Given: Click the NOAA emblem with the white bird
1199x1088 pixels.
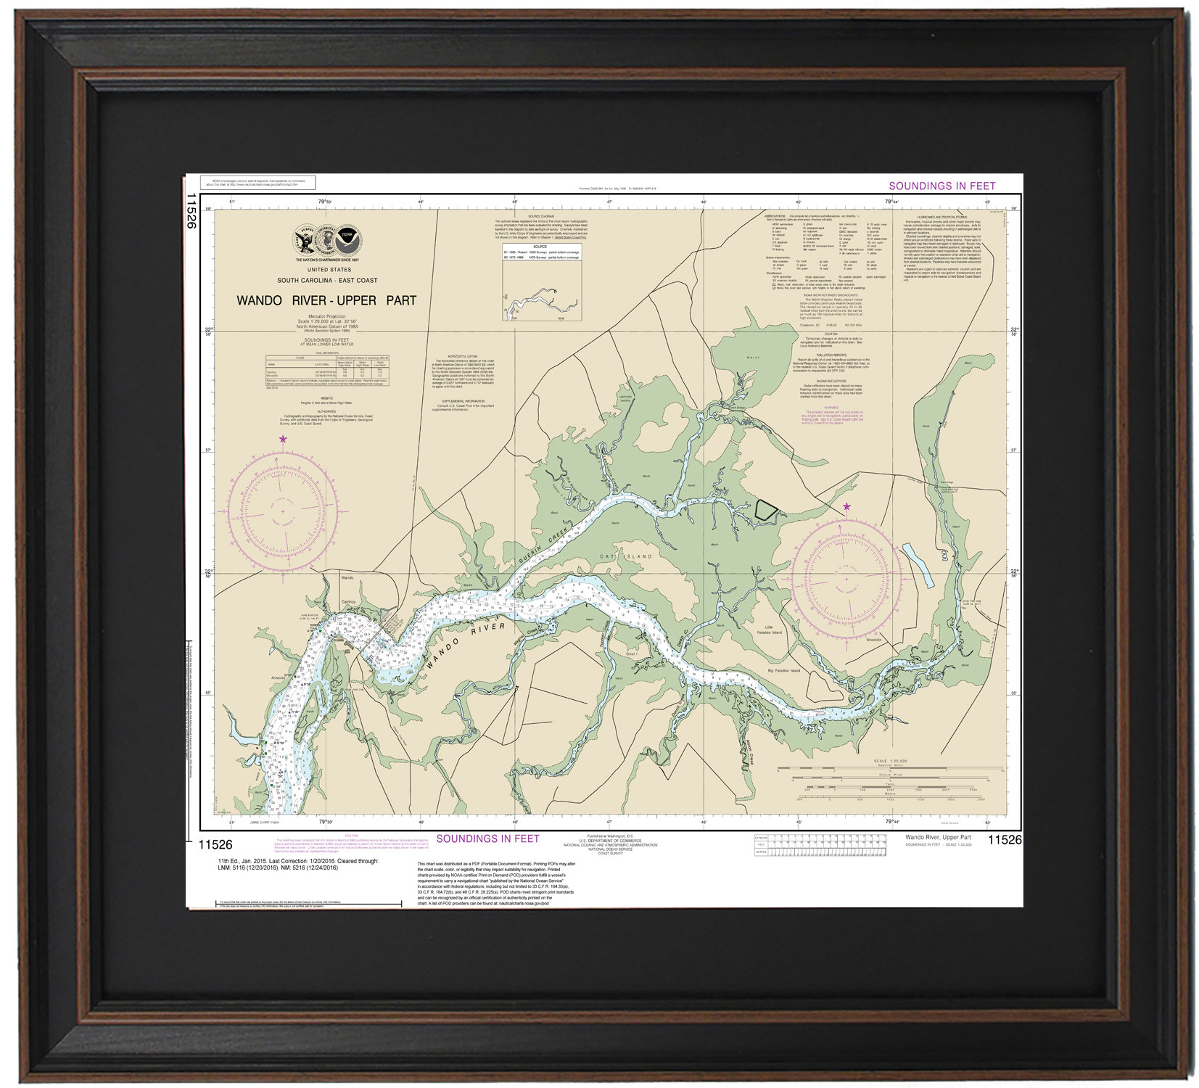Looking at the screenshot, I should (x=348, y=237).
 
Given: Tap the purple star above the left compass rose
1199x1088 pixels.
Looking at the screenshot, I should (x=283, y=439).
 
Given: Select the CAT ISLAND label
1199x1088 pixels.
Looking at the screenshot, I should (x=625, y=556).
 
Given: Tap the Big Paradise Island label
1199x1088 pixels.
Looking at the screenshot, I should (x=784, y=670).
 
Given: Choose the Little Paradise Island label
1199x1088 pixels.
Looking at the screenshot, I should (x=774, y=630).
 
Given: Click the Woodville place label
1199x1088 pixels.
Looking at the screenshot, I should (x=873, y=640).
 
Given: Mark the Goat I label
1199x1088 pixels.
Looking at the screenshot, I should (x=631, y=654).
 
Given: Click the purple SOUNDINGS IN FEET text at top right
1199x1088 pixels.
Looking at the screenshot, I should (x=942, y=186).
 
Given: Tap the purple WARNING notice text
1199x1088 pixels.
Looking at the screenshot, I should (x=831, y=415).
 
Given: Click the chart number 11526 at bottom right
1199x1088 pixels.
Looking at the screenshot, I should (x=1004, y=840).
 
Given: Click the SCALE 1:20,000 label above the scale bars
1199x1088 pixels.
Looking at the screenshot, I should (x=890, y=761).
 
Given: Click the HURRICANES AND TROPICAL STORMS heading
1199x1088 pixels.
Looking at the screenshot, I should (x=942, y=217).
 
